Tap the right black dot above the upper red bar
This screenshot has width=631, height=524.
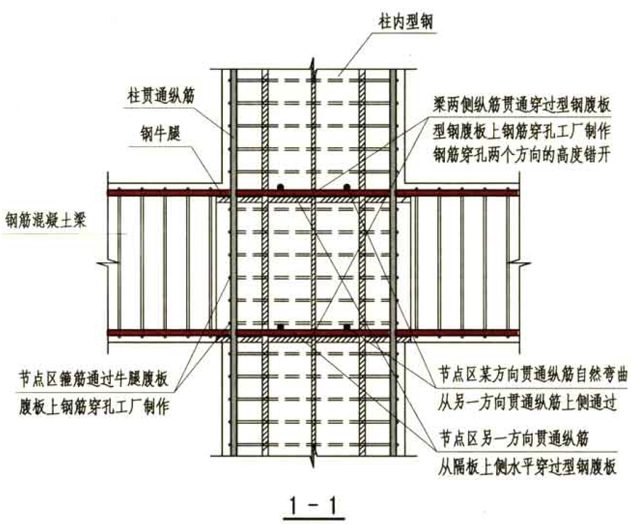point(347,187)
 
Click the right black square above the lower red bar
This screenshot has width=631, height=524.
point(347,327)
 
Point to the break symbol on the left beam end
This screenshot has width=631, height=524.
point(107,263)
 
